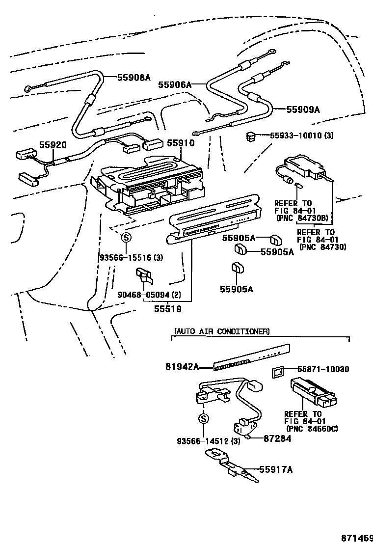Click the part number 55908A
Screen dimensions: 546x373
click(133, 77)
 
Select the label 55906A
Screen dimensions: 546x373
click(174, 85)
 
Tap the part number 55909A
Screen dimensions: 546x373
click(303, 110)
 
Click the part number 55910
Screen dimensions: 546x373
click(181, 143)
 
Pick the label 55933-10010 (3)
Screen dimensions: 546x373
click(301, 136)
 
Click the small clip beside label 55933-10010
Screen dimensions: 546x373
click(251, 136)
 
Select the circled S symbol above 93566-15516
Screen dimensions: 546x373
click(126, 238)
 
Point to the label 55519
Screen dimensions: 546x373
click(167, 309)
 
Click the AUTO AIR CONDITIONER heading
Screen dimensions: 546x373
click(221, 331)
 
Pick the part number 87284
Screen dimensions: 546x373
click(277, 438)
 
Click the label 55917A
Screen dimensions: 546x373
click(275, 470)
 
